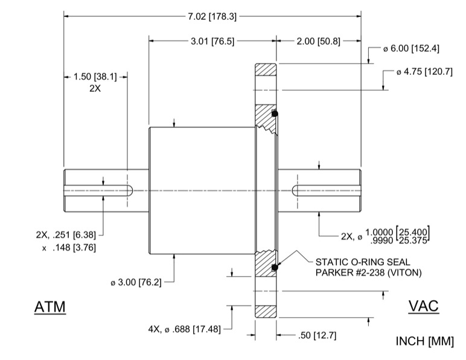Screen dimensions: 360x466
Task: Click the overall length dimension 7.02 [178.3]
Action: pyautogui.click(x=212, y=16)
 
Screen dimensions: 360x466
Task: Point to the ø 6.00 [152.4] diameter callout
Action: pyautogui.click(x=411, y=48)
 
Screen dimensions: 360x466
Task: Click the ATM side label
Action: pyautogui.click(x=49, y=307)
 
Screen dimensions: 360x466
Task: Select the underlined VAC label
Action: pyautogui.click(x=424, y=306)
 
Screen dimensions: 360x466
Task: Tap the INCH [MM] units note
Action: pyautogui.click(x=424, y=341)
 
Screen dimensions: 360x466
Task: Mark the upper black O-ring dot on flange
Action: pyautogui.click(x=275, y=114)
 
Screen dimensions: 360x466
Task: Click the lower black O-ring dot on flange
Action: pyautogui.click(x=275, y=267)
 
